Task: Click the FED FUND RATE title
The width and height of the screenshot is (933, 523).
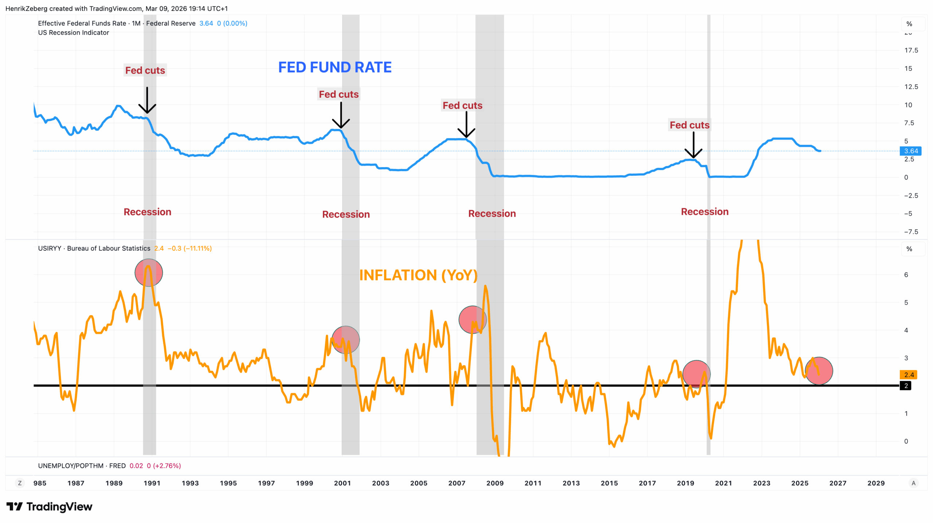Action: pos(335,67)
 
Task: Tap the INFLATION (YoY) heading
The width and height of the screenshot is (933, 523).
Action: pos(418,275)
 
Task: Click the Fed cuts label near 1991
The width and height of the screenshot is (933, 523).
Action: pos(145,70)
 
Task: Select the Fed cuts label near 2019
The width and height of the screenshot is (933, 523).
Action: pos(689,125)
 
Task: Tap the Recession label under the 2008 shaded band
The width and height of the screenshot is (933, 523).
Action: pos(492,213)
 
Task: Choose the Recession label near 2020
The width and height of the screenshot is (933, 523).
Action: pos(704,212)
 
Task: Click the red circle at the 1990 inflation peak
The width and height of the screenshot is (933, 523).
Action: pos(149,272)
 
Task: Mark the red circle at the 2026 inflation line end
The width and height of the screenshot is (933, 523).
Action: pos(819,371)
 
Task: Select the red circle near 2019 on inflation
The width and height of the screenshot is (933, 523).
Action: pos(696,374)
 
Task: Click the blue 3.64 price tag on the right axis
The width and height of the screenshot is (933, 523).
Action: pos(911,151)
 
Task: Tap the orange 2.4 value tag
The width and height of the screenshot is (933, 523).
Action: pos(909,375)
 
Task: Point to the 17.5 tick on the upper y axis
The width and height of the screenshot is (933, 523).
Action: pos(911,50)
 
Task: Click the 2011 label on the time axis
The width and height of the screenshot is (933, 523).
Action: pos(533,483)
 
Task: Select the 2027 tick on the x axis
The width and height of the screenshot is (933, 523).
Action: pos(838,483)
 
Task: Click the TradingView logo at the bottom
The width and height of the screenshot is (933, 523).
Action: pos(50,507)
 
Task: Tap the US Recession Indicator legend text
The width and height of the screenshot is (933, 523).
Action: pos(73,32)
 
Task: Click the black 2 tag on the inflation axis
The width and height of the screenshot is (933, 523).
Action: pos(906,386)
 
